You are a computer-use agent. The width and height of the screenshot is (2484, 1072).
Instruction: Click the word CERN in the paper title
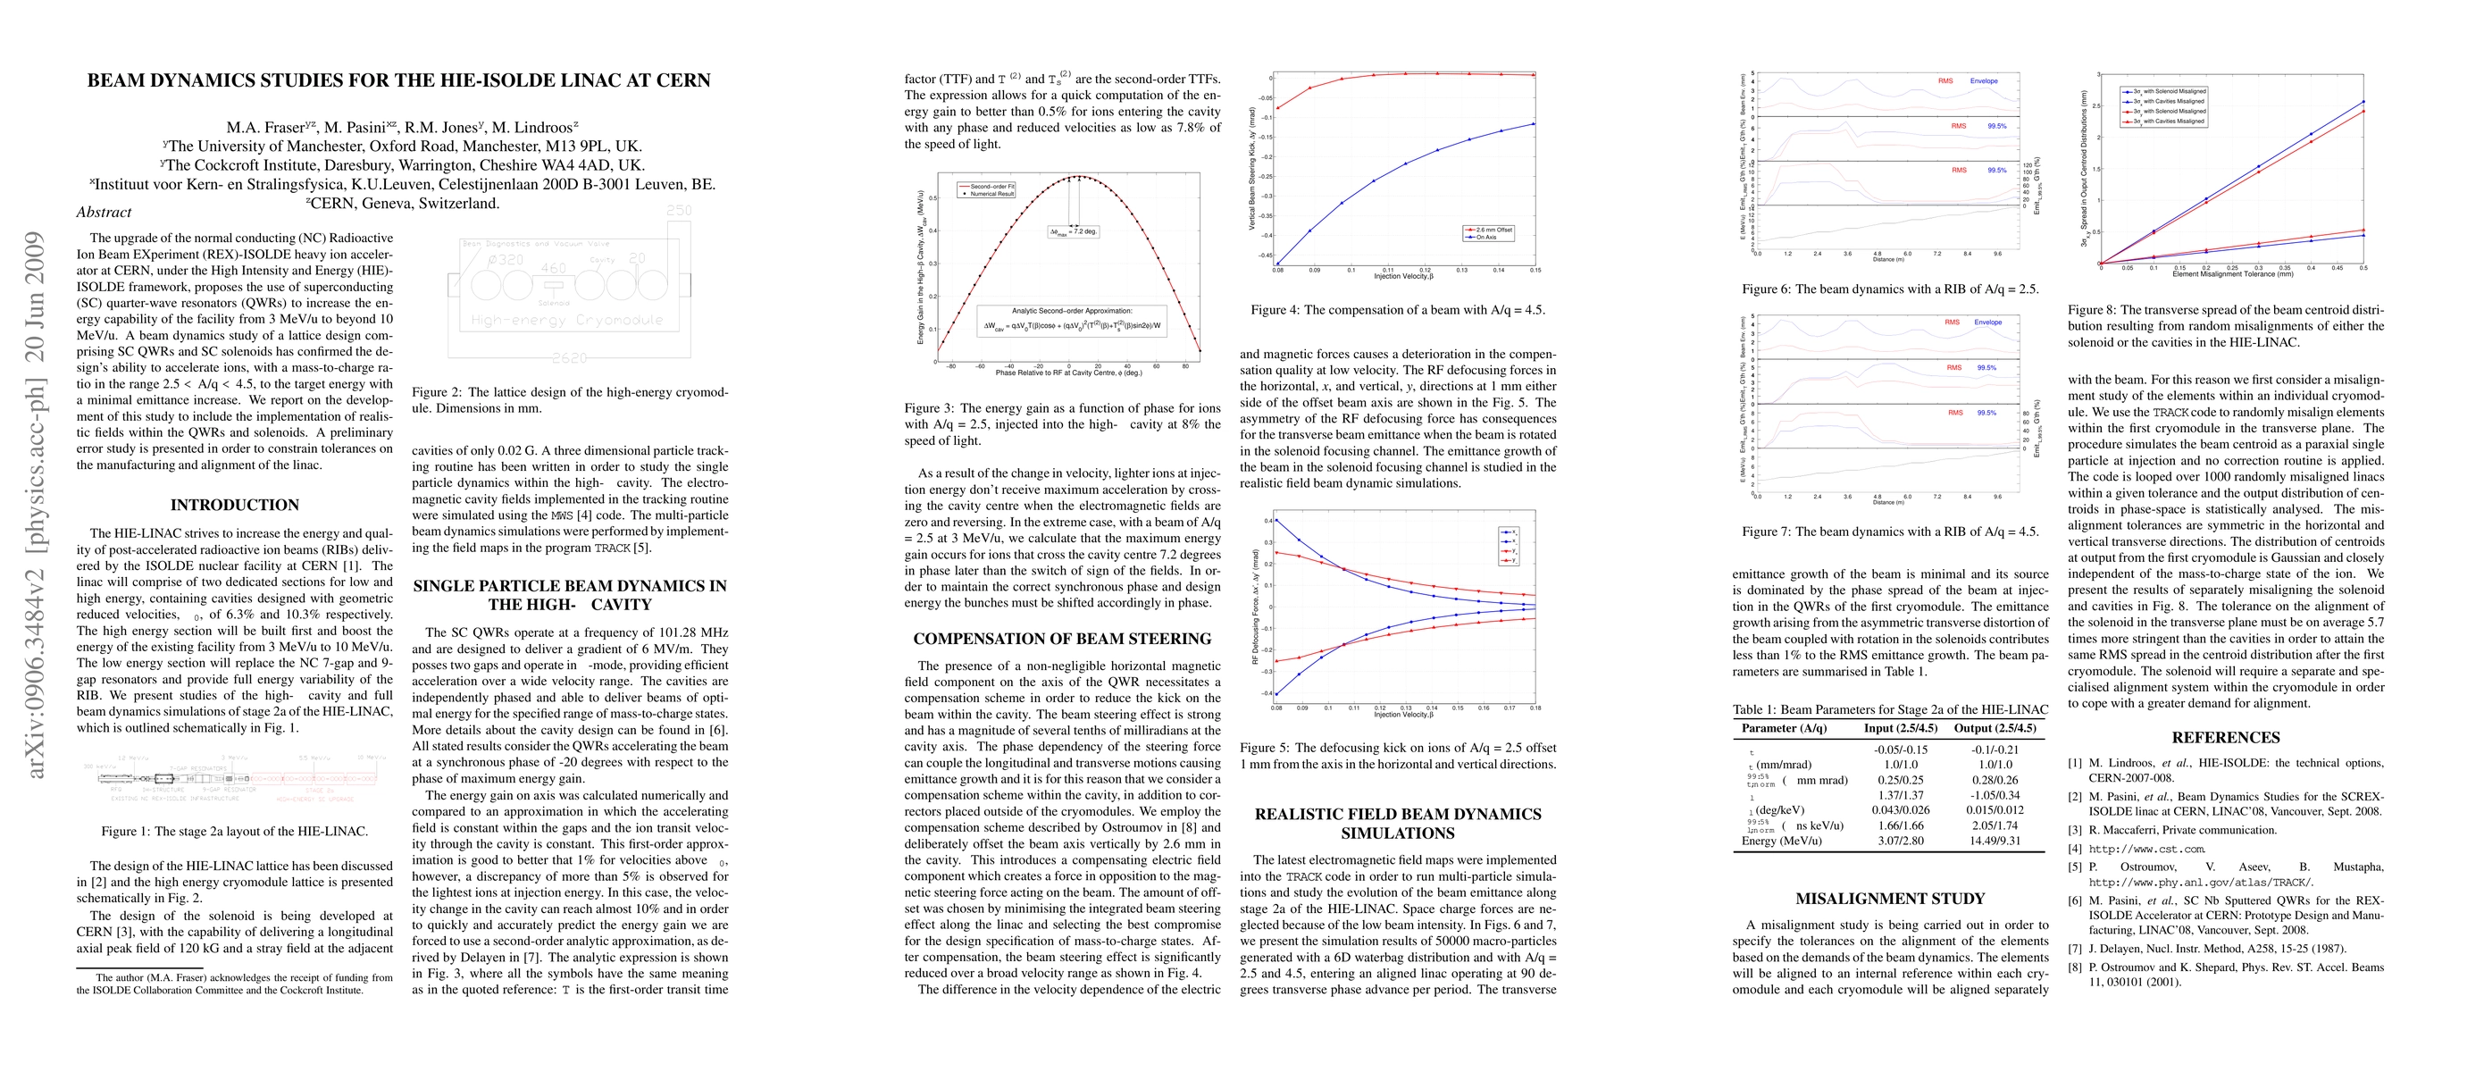pos(674,80)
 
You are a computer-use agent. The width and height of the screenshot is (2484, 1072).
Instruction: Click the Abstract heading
pos(104,212)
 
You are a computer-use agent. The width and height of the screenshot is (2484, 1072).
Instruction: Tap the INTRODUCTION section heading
pos(234,504)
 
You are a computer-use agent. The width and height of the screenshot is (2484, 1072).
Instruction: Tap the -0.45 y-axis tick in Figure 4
pos(1263,255)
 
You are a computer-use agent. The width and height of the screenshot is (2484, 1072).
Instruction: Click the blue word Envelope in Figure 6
pos(1984,81)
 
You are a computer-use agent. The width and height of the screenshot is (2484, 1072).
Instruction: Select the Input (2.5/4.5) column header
pos(1900,728)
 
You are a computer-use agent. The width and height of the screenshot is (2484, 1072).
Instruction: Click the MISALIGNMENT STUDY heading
pos(1889,899)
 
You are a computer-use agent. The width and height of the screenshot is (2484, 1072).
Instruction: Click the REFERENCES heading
pos(2226,738)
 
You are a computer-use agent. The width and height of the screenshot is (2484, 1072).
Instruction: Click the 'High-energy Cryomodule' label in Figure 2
pos(567,319)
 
